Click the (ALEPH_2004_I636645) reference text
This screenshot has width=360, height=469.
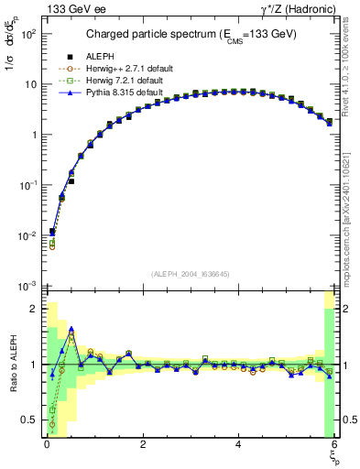point(191,273)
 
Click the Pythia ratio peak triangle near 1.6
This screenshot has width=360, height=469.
point(71,329)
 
